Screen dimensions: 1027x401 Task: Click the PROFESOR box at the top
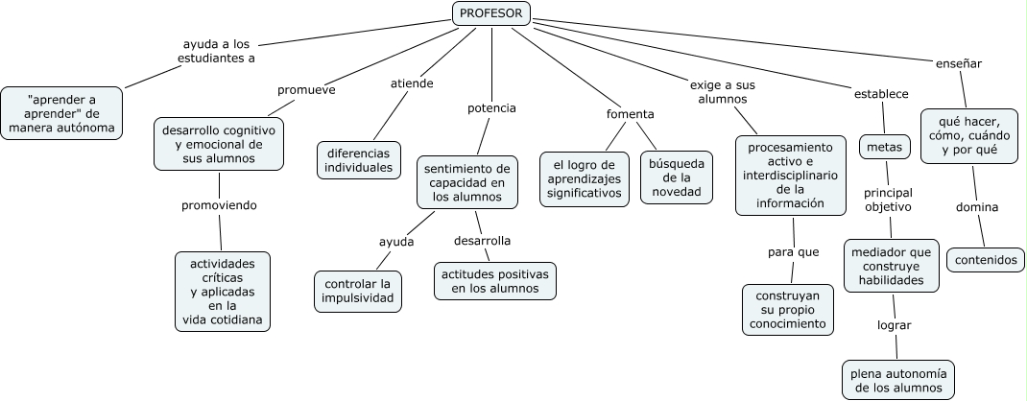click(x=491, y=13)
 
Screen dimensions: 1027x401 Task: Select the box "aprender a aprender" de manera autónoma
click(x=61, y=113)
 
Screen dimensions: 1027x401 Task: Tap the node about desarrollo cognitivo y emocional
click(x=219, y=144)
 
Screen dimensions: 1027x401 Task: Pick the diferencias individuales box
click(x=359, y=160)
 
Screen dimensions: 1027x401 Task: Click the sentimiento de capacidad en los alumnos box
click(x=467, y=182)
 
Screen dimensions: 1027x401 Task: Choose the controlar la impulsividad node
click(x=358, y=292)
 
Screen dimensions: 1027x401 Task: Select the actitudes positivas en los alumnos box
click(x=495, y=281)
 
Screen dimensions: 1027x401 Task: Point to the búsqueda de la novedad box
click(x=677, y=177)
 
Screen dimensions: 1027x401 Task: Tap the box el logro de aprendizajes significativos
click(x=585, y=179)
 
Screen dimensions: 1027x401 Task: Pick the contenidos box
click(x=986, y=260)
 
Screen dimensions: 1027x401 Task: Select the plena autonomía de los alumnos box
click(x=898, y=380)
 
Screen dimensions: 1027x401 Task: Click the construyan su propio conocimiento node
click(x=788, y=310)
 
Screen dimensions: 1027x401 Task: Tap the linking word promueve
click(x=306, y=90)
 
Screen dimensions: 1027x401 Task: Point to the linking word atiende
click(x=412, y=83)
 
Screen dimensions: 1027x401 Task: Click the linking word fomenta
click(x=630, y=114)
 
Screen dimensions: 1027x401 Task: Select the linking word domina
click(x=977, y=207)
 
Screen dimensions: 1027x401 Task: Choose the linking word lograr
click(x=894, y=325)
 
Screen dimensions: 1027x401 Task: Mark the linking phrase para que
click(x=793, y=252)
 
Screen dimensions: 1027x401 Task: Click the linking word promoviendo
click(x=219, y=205)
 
